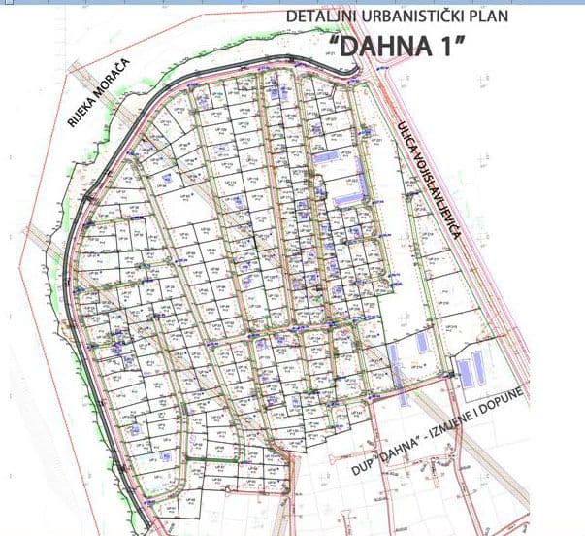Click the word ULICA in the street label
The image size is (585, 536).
point(406,135)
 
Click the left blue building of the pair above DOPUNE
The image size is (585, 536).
point(465,372)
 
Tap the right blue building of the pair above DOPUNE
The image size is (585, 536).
point(477,367)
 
